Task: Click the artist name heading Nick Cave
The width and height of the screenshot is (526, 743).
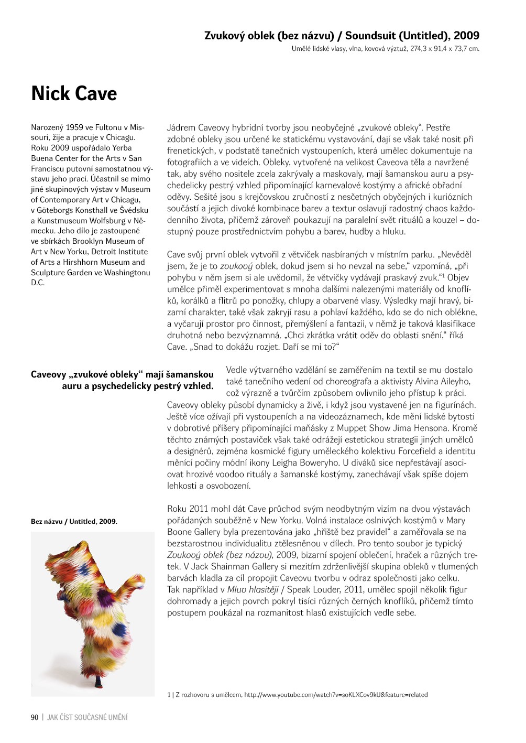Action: [x=74, y=94]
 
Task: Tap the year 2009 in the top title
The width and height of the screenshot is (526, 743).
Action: [x=466, y=36]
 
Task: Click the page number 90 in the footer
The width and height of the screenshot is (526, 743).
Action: [x=35, y=717]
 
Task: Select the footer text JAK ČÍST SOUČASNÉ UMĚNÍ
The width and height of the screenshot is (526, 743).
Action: [x=87, y=717]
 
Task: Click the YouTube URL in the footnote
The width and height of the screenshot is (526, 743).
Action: [x=336, y=695]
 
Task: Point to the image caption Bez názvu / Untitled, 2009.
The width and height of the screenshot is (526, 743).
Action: [x=74, y=521]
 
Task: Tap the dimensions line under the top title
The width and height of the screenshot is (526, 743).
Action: [x=385, y=49]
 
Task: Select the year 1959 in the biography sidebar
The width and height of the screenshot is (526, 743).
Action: [x=75, y=127]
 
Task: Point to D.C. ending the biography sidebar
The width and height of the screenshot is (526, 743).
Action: [x=38, y=283]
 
